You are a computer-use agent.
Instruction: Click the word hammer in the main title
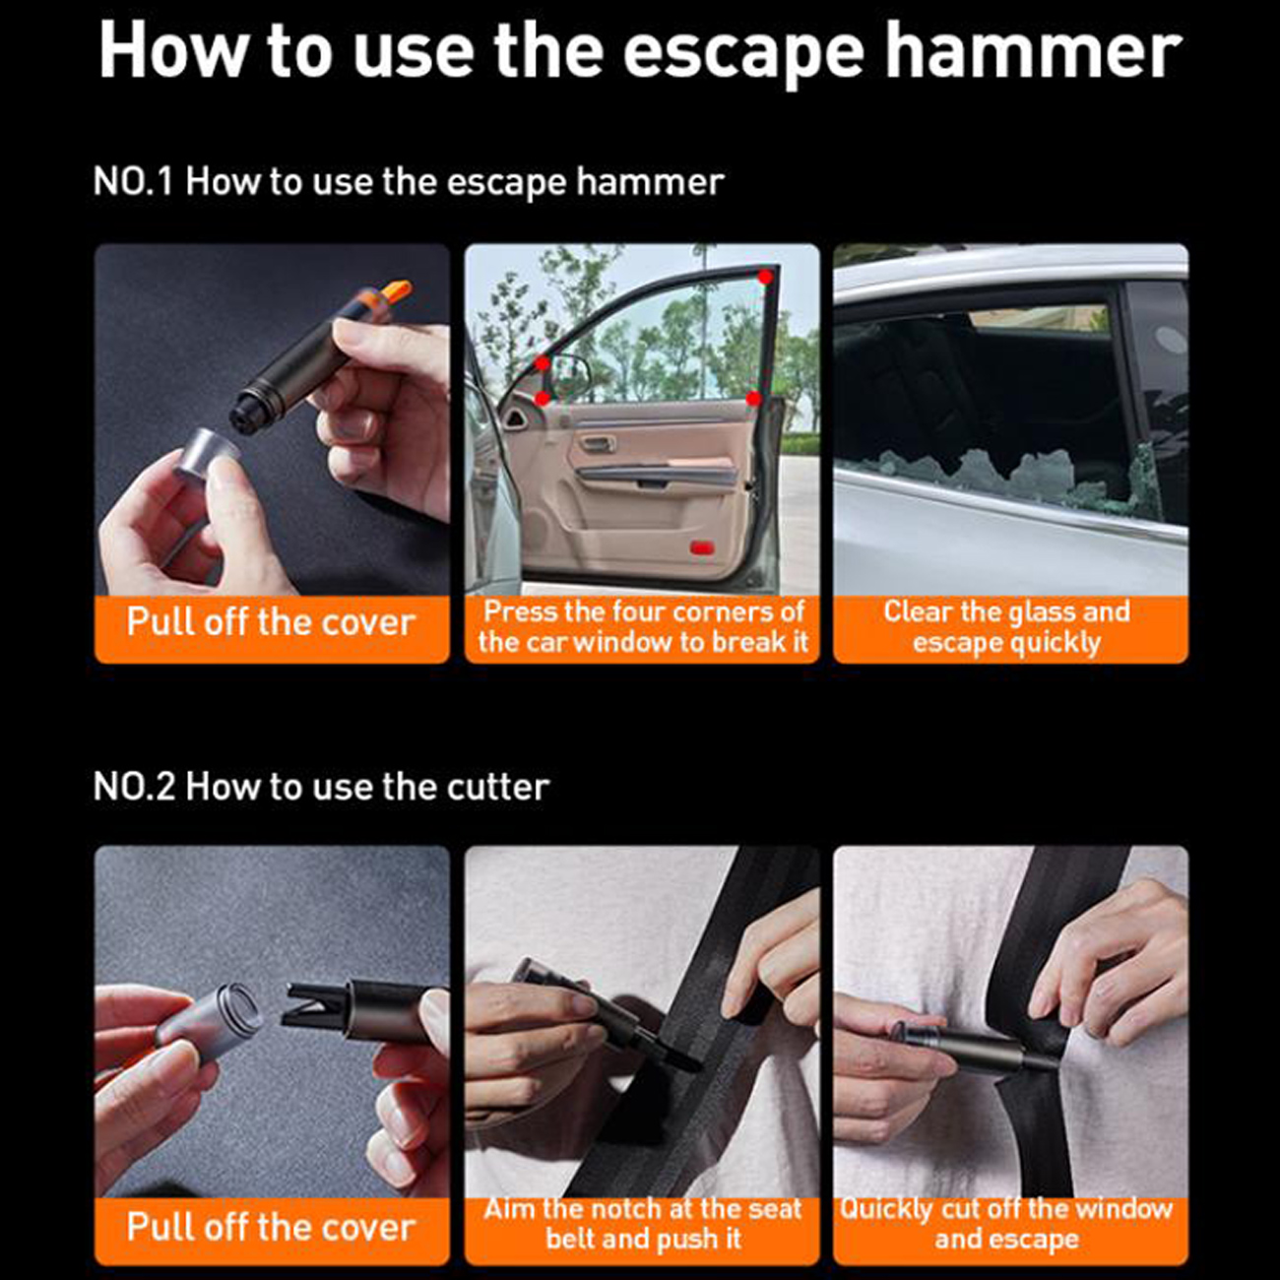point(1033,51)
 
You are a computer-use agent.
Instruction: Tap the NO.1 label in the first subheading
point(133,182)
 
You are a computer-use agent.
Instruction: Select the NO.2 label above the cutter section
point(134,787)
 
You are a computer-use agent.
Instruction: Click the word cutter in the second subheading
point(498,787)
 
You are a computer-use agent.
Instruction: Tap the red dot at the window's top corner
point(765,277)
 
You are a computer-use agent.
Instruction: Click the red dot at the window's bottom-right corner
point(752,399)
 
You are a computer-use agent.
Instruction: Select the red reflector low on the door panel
point(703,548)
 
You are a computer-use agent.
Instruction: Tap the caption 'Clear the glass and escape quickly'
point(1007,628)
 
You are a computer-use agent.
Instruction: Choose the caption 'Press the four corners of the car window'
point(643,627)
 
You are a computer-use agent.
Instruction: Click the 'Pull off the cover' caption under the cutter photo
point(271,1227)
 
